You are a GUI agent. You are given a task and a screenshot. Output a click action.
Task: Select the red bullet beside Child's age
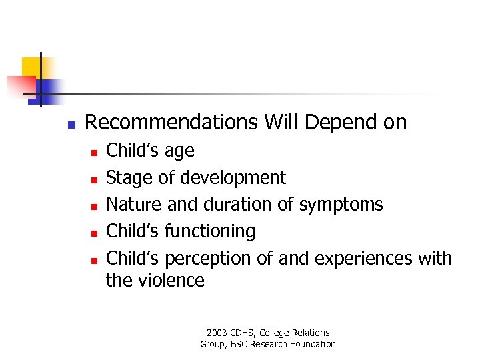pos(94,153)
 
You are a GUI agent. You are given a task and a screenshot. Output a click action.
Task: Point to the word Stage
pos(129,178)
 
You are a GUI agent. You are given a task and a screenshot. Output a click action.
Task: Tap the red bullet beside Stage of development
pos(94,179)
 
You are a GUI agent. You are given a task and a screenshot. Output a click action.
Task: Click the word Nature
pos(134,204)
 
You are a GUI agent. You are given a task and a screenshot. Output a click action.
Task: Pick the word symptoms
pos(341,205)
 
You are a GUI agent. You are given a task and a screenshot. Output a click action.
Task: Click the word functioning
pos(210,231)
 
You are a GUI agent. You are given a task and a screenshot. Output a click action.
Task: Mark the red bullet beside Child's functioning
pos(94,233)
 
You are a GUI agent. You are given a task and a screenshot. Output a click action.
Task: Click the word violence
pos(171,280)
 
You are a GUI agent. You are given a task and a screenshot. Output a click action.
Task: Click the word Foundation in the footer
pos(313,344)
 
